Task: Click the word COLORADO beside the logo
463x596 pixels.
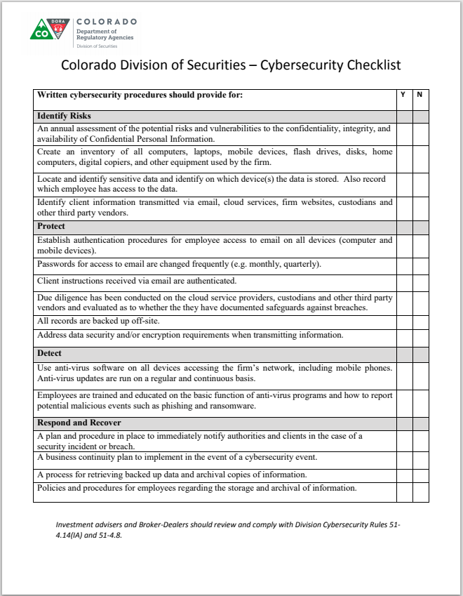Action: coord(107,22)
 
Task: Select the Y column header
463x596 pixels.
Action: coord(403,95)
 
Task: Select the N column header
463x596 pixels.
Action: coord(420,95)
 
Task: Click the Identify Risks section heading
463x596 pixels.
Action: coord(64,116)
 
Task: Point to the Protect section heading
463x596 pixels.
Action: coord(51,226)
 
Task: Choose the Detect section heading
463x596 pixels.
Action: coord(49,353)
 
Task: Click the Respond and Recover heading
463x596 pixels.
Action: coord(79,423)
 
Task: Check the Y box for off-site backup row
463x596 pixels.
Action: coord(403,321)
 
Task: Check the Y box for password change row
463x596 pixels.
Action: coord(403,265)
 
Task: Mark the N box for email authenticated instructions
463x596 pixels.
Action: coord(420,281)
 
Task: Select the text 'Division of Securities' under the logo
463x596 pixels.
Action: coord(97,46)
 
